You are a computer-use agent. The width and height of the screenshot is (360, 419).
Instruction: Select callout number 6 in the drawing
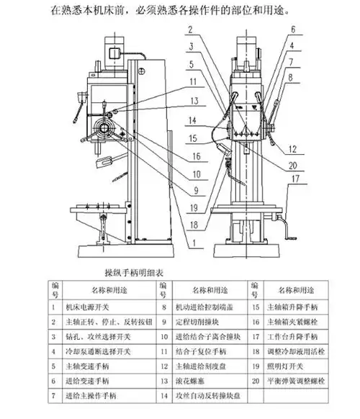point(294,30)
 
